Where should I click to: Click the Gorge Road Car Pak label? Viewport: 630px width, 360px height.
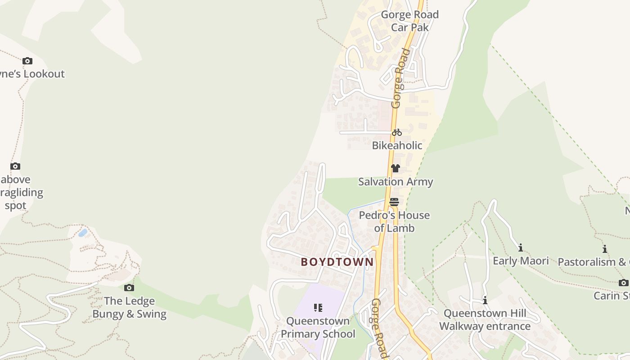pyautogui.click(x=409, y=21)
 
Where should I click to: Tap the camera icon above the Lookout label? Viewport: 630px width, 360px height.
pyautogui.click(x=27, y=61)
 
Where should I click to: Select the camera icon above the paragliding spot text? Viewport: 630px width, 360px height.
pyautogui.click(x=15, y=166)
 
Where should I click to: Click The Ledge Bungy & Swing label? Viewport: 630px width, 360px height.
pyautogui.click(x=130, y=307)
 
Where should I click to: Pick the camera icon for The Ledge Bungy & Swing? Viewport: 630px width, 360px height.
pyautogui.click(x=129, y=288)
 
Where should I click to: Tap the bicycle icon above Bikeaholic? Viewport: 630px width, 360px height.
pyautogui.click(x=396, y=132)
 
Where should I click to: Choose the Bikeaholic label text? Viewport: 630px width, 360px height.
pyautogui.click(x=397, y=145)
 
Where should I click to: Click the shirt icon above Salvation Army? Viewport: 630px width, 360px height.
pyautogui.click(x=395, y=168)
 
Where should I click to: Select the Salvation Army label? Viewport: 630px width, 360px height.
pyautogui.click(x=396, y=182)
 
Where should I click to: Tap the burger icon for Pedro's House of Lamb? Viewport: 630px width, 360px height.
pyautogui.click(x=394, y=202)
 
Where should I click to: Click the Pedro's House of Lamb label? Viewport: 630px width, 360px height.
pyautogui.click(x=394, y=221)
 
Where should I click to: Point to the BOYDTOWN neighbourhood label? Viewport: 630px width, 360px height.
pyautogui.click(x=337, y=262)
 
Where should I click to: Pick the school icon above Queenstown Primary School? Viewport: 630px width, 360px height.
pyautogui.click(x=318, y=308)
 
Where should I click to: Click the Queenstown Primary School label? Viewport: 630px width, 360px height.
pyautogui.click(x=318, y=327)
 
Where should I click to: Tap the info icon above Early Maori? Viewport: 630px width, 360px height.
pyautogui.click(x=521, y=247)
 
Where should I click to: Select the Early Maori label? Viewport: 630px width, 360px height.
pyautogui.click(x=521, y=261)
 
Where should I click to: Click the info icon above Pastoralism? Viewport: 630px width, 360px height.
pyautogui.click(x=605, y=249)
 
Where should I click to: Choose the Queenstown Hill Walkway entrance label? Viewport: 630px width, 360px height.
pyautogui.click(x=485, y=319)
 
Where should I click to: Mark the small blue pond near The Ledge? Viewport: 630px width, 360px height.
pyautogui.click(x=83, y=233)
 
